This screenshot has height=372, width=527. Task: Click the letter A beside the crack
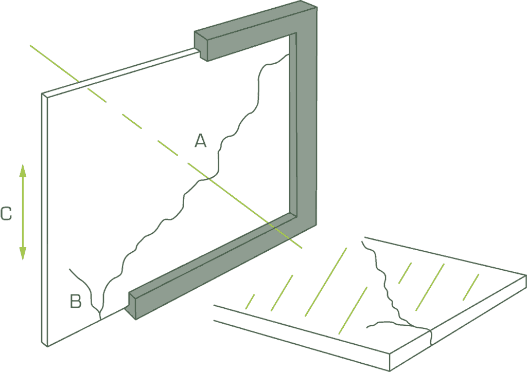tap(201, 141)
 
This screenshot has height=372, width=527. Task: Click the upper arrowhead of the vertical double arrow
tap(23, 170)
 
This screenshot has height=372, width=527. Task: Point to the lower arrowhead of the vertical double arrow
tap(23, 254)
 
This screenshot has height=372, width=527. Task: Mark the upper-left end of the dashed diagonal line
tap(31, 46)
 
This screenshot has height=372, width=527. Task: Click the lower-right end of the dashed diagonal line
tap(302, 248)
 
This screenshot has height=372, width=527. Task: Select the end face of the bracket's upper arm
tap(201, 46)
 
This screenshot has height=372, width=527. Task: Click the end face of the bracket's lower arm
tap(132, 305)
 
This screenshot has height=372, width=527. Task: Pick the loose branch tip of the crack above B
tap(69, 269)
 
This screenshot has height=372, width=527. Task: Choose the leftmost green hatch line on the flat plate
tap(250, 302)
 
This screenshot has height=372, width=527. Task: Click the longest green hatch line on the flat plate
tap(325, 281)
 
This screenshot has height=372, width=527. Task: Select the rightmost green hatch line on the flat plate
tap(471, 287)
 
